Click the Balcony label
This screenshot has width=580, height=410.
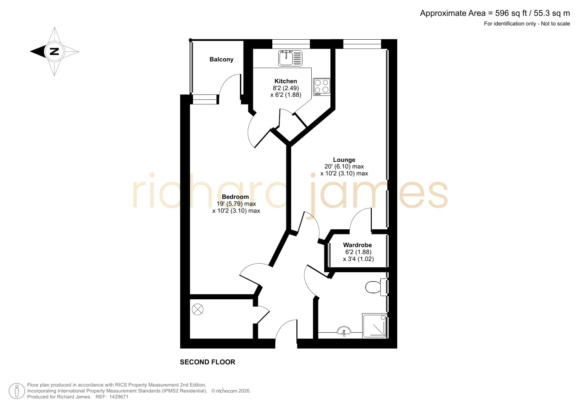pos(221,59)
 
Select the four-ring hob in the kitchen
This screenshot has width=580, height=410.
pos(322,87)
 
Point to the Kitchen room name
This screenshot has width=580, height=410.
pos(286,81)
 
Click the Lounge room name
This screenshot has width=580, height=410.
pos(344,160)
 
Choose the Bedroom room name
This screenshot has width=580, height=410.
pos(235,197)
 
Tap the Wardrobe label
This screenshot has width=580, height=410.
pos(358,245)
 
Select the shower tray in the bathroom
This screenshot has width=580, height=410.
pos(375,326)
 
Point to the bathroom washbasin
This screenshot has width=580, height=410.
pos(344,331)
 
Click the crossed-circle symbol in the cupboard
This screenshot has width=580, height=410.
pos(198,310)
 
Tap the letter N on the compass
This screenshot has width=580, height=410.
pos(54,52)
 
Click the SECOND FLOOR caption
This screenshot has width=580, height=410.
pos(208,362)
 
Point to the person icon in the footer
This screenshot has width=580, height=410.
pos(17,391)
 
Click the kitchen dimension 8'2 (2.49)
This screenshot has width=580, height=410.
pos(286,88)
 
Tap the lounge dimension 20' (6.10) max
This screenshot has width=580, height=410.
pos(344,167)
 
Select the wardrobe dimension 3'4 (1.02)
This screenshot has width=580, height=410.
pos(359,259)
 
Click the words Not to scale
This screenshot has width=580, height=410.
pos(556,23)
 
